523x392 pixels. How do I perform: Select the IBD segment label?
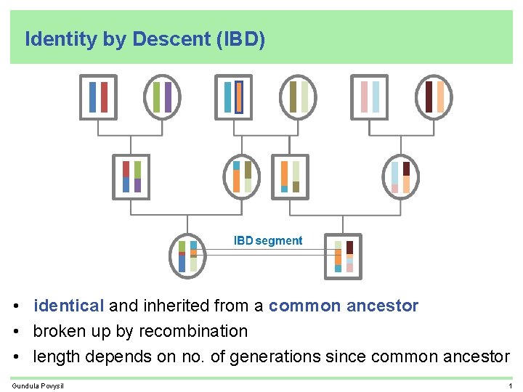click(267, 240)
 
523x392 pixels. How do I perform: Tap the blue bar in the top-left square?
click(92, 97)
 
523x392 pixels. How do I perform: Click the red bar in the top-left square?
click(104, 97)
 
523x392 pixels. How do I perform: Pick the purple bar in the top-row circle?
click(168, 97)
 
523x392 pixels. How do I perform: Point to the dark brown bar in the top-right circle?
click(429, 97)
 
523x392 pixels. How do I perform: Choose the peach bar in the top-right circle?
click(440, 97)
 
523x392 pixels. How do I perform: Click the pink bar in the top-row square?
click(364, 97)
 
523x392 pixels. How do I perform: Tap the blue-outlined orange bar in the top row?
click(239, 97)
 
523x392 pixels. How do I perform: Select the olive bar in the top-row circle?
click(293, 97)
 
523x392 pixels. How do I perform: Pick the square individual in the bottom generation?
click(344, 256)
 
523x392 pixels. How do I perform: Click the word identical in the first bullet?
click(69, 306)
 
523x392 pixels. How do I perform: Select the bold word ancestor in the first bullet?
click(382, 306)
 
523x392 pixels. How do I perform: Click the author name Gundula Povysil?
click(38, 385)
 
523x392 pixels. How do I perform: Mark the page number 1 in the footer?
click(511, 385)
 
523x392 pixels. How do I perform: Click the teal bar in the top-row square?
click(228, 97)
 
